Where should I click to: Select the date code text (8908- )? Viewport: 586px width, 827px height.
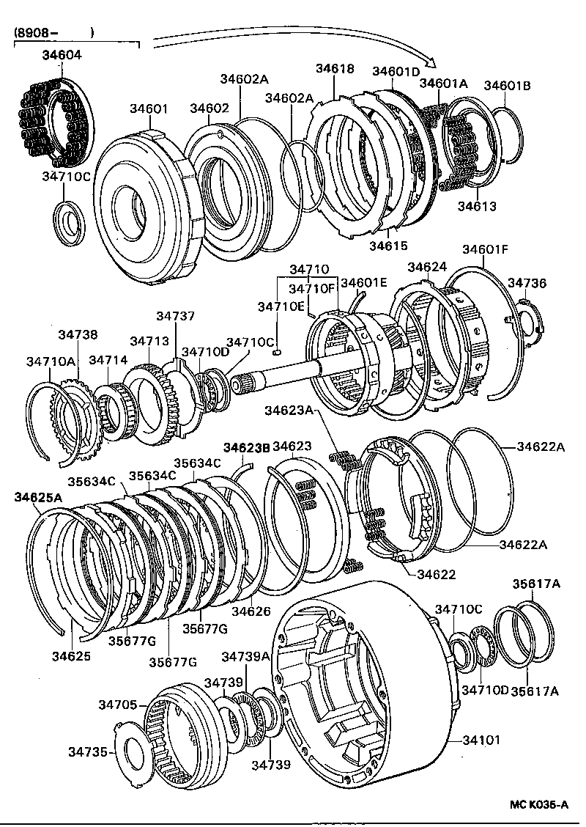point(53,33)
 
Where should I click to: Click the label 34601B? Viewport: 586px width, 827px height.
point(507,85)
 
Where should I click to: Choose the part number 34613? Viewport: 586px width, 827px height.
point(477,207)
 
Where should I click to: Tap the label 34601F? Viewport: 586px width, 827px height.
point(484,249)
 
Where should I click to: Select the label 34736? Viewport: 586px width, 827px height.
point(525,282)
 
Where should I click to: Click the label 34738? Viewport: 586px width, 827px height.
point(78,334)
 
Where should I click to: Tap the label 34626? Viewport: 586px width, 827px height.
point(251,611)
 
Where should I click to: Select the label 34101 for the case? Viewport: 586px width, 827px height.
point(481,740)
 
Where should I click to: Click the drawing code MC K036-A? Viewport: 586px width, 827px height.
point(538,805)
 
